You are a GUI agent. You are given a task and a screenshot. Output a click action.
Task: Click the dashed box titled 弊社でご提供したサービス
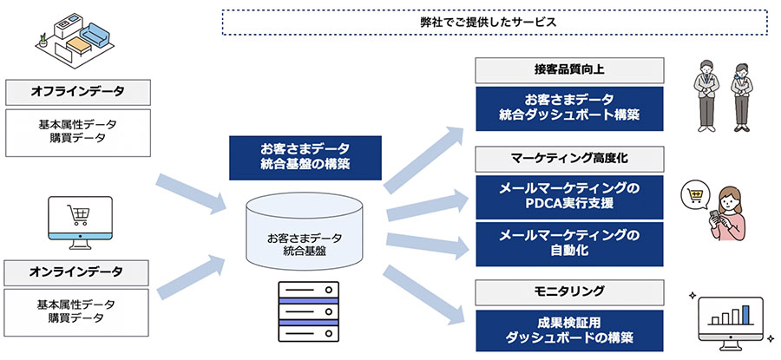[495, 23]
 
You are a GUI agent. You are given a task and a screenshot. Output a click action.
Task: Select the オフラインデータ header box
[78, 92]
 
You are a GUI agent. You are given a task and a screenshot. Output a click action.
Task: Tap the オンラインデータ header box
[76, 272]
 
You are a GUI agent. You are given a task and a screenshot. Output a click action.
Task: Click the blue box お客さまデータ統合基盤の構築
[305, 157]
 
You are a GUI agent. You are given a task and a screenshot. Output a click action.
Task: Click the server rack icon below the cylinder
[308, 311]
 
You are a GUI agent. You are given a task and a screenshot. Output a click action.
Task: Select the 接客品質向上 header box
[569, 70]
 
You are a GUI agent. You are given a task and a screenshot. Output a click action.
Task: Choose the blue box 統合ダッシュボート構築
[569, 109]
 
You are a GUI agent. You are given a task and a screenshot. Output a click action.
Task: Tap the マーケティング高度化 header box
[569, 159]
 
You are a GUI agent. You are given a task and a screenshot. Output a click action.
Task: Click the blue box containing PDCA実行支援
[569, 197]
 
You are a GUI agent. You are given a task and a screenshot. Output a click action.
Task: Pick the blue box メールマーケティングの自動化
[569, 244]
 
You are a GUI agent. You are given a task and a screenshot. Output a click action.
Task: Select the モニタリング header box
[569, 292]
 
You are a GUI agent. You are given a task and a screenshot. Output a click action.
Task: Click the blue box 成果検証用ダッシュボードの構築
[569, 331]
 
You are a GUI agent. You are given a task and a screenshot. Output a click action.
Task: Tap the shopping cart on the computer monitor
[80, 214]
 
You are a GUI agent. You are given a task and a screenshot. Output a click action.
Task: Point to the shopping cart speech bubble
[695, 194]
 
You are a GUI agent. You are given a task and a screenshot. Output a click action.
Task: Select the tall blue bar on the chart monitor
[745, 315]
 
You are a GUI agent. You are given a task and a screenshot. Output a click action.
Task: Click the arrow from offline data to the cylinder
[191, 194]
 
